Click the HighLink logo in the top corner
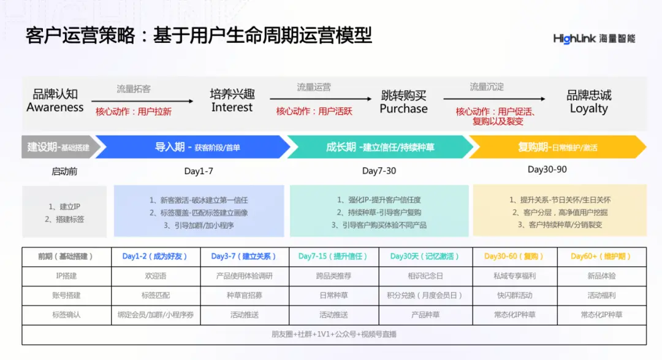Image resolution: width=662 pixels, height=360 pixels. (594, 39)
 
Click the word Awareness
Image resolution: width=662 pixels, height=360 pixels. (55, 107)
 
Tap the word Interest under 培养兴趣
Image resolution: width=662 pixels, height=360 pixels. (232, 107)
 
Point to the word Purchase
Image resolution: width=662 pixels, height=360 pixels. (403, 109)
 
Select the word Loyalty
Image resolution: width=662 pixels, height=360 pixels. (588, 109)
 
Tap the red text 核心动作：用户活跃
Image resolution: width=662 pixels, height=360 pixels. (314, 112)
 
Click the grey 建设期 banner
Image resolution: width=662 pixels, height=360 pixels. (58, 147)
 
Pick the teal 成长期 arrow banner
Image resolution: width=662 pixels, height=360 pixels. (380, 147)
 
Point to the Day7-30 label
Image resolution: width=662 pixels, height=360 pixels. (379, 171)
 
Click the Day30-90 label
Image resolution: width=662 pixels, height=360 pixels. (547, 169)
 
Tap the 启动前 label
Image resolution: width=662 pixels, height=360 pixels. (64, 172)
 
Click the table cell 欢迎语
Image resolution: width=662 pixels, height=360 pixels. (155, 276)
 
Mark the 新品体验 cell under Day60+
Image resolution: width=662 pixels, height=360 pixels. (601, 276)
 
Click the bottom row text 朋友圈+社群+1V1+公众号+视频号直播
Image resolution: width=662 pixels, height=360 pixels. (334, 334)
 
